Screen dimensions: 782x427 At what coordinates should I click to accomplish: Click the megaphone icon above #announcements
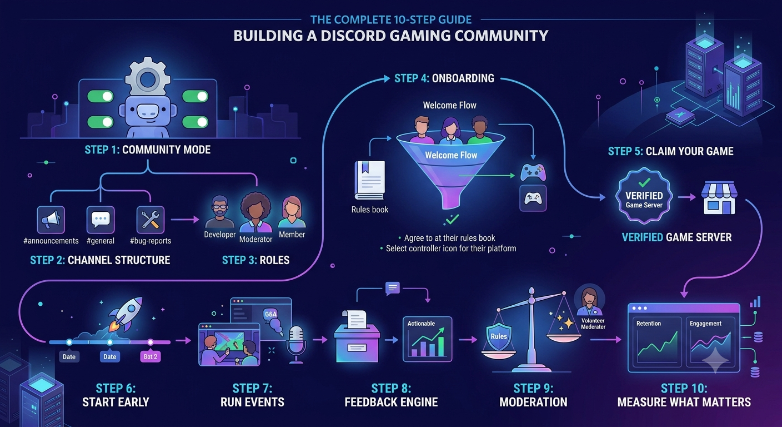pos(51,220)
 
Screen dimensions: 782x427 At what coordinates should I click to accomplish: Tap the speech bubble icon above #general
pos(101,220)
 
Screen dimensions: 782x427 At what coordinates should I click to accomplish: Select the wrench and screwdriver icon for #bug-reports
pos(151,220)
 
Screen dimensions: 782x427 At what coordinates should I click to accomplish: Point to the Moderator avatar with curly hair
pos(256,212)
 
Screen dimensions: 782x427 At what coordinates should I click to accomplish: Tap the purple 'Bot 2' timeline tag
pos(151,357)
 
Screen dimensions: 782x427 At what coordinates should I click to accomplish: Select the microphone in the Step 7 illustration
pos(297,345)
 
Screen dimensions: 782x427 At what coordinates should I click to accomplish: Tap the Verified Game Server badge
pos(644,196)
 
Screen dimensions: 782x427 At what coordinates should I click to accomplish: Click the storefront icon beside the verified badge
pos(719,198)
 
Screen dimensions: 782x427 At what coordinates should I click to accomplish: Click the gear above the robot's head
pos(148,78)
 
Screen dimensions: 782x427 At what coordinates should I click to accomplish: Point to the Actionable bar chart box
pos(427,339)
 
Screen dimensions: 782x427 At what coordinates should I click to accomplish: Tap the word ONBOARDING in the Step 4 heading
pos(463,78)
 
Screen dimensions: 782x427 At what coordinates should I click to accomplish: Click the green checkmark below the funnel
pos(453,219)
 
